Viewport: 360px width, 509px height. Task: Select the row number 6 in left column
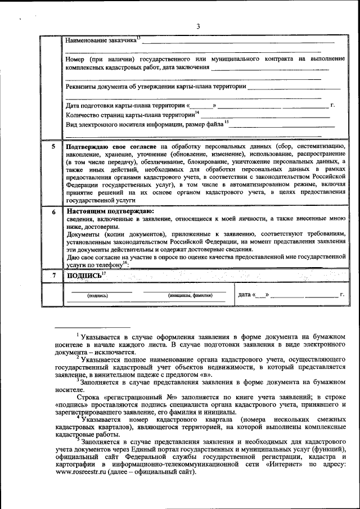[x=53, y=212]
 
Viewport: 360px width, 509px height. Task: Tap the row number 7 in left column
[x=53, y=275]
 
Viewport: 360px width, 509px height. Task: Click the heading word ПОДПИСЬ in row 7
[x=84, y=276]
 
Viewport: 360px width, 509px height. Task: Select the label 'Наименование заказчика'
[x=101, y=41]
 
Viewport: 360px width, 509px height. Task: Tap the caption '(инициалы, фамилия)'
[x=190, y=295]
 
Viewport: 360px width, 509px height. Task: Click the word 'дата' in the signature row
[x=244, y=294]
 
